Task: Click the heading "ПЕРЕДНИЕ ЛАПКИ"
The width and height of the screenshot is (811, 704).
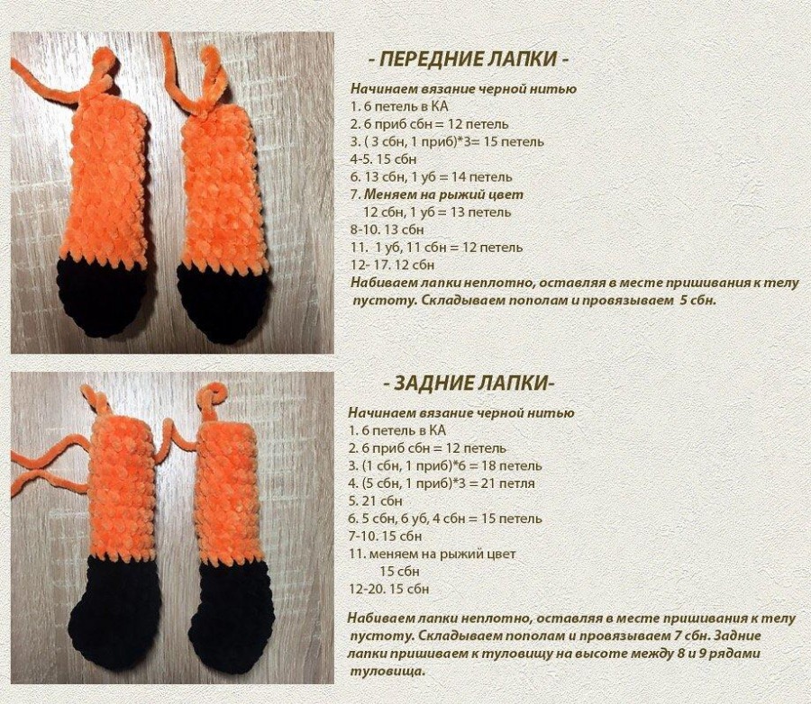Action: click(x=469, y=59)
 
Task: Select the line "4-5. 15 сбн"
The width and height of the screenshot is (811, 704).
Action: click(x=383, y=158)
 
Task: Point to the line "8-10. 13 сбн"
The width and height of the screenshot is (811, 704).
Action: click(x=387, y=229)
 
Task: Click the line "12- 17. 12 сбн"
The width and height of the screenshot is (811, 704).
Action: click(x=393, y=265)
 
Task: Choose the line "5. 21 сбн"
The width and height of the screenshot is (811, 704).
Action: click(x=375, y=501)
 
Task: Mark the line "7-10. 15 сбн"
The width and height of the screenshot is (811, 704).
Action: click(x=386, y=536)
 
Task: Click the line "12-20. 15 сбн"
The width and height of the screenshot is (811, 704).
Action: click(x=389, y=589)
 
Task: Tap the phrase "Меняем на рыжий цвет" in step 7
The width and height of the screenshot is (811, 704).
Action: click(x=443, y=194)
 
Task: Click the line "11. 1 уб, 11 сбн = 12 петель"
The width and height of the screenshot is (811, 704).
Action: click(x=436, y=247)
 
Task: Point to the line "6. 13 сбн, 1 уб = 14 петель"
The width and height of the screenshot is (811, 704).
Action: click(x=432, y=176)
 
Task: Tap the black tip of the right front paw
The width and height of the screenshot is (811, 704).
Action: click(x=225, y=302)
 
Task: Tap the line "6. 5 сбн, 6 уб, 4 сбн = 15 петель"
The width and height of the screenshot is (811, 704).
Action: click(x=445, y=519)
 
